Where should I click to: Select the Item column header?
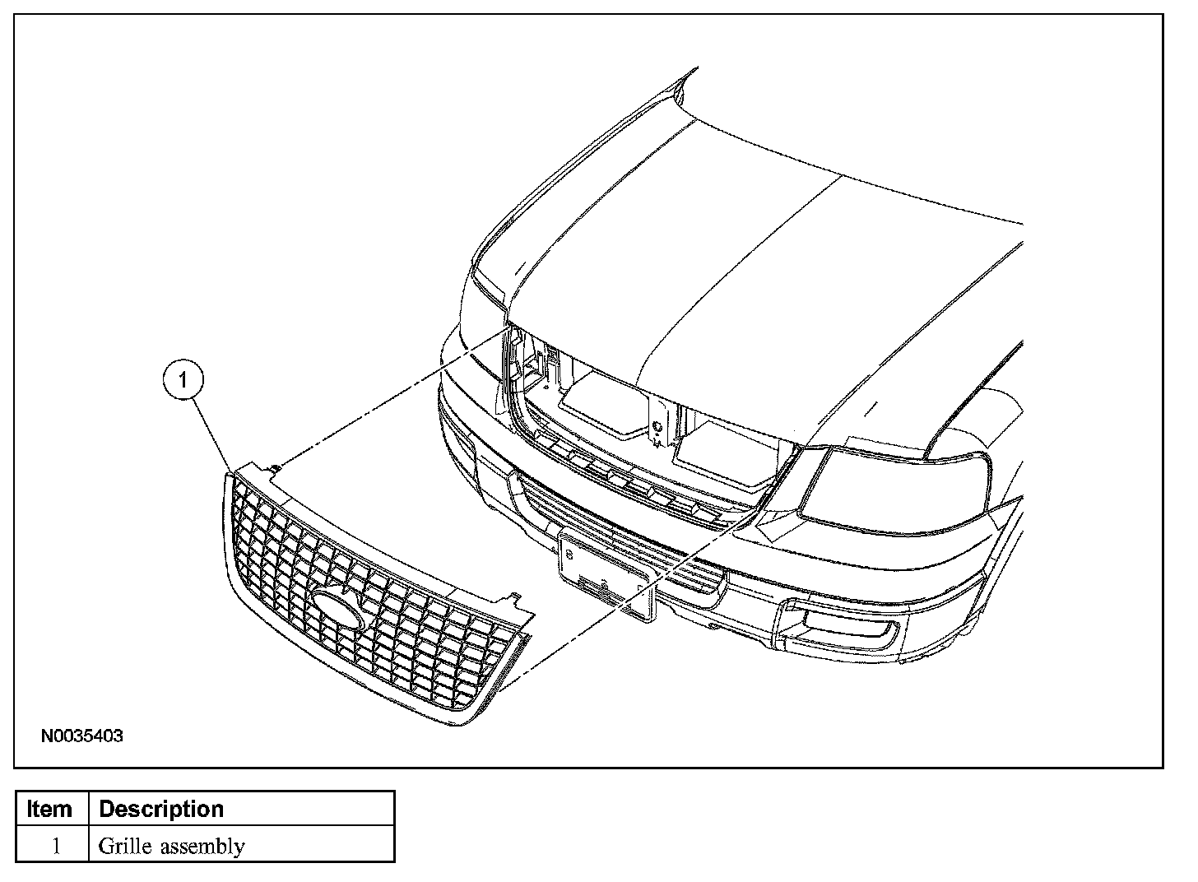point(50,809)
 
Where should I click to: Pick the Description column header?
point(161,809)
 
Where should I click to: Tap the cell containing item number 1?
point(55,846)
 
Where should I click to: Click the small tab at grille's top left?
point(274,469)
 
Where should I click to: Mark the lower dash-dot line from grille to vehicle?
point(625,601)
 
